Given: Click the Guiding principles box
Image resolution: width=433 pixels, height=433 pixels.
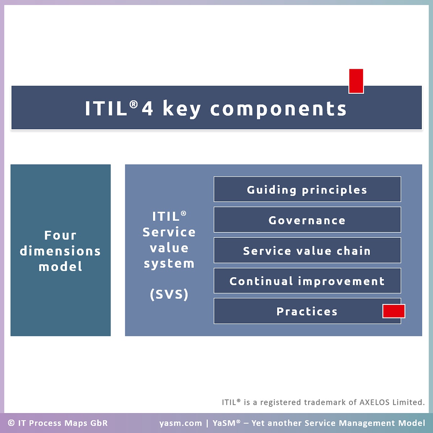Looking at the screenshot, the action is click(x=307, y=189).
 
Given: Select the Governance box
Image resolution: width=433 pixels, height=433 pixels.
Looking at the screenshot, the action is click(x=307, y=219).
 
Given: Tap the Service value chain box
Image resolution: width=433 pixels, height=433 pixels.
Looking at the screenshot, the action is click(x=307, y=250).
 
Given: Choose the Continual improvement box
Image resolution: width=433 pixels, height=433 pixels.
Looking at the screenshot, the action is click(x=307, y=281).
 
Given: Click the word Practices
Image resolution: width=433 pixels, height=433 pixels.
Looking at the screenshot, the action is click(x=307, y=311).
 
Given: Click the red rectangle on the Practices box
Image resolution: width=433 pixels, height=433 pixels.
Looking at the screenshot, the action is click(x=394, y=311).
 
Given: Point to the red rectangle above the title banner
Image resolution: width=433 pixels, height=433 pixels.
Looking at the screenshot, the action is click(x=356, y=81).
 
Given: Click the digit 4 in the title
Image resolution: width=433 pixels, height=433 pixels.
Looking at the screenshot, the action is click(x=148, y=109).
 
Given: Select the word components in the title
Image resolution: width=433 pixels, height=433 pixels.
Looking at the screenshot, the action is click(x=279, y=109).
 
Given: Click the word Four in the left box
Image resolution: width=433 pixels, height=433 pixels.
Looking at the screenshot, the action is click(x=61, y=235).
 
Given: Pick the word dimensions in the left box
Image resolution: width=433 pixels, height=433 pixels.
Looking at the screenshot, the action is click(x=60, y=251).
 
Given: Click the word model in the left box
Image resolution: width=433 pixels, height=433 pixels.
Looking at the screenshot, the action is click(x=61, y=267).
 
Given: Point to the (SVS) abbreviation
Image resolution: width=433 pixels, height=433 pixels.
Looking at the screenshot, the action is click(x=169, y=294).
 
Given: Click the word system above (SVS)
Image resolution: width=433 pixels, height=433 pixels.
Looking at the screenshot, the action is click(x=169, y=263).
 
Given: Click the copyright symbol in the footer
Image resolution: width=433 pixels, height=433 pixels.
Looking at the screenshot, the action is click(x=11, y=423).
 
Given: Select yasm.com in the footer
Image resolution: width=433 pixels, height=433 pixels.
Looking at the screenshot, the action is click(x=181, y=423).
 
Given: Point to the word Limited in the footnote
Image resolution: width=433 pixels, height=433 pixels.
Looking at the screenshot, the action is click(x=408, y=402).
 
